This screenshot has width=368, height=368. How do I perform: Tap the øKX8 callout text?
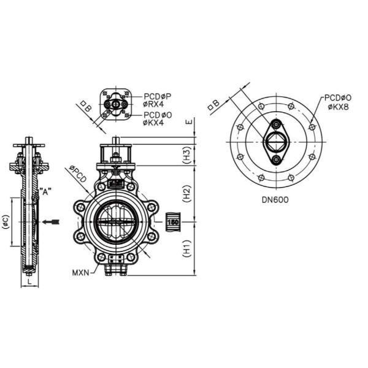tap(339, 107)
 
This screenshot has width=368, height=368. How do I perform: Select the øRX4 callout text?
tap(154, 104)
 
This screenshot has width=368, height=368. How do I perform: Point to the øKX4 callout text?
tap(154, 123)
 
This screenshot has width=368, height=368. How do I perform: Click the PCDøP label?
tap(158, 96)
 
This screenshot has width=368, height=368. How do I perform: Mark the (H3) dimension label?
tap(188, 155)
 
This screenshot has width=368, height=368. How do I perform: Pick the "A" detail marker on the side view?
tap(45, 191)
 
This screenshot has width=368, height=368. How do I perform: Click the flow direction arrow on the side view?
tap(55, 221)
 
